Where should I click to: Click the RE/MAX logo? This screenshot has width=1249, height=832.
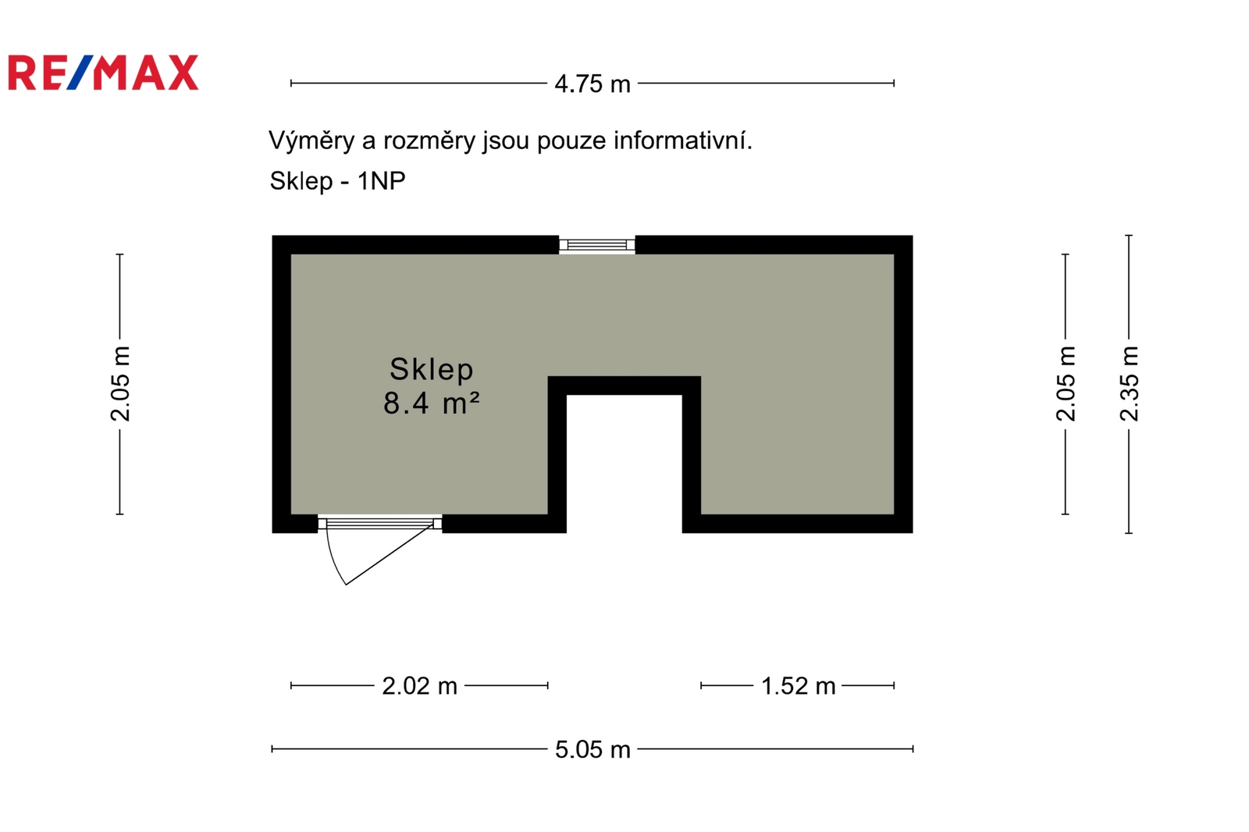point(103,73)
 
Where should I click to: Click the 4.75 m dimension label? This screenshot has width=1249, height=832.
point(592,84)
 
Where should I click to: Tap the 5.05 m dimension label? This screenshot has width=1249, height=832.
point(592,749)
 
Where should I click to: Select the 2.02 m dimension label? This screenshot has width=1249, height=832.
point(419,686)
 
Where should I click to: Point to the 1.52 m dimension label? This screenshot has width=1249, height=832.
point(798,686)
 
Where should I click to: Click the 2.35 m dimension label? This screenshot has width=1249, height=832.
point(1129,384)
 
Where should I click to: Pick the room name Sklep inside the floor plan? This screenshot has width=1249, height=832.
point(431,370)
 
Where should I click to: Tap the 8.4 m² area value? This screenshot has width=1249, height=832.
point(431,403)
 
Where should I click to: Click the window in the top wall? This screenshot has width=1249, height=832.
point(597,245)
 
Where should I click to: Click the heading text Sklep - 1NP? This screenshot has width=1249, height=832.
point(337,180)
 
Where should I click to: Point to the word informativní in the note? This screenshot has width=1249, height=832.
point(683,140)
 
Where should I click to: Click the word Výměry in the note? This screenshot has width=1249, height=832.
point(311,140)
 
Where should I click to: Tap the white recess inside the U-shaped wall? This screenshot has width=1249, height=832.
point(624,464)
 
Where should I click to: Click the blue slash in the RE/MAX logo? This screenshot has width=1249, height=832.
point(82,73)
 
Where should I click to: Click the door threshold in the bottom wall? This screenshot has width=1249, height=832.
point(379,523)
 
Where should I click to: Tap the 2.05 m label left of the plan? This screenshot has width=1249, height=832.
point(120,384)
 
